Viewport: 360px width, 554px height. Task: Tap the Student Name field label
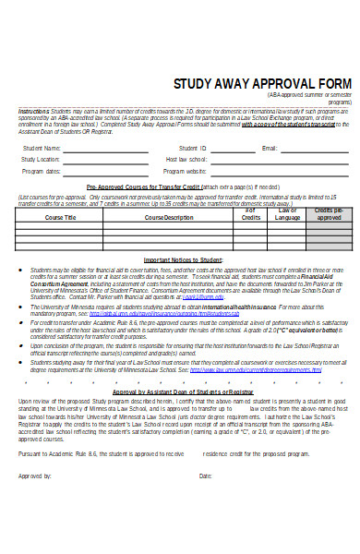pos(42,148)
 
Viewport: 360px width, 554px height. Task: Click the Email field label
pos(270,148)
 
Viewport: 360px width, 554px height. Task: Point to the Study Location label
pos(41,159)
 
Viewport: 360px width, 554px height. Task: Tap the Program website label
pos(185,171)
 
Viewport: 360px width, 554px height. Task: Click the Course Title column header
pos(60,217)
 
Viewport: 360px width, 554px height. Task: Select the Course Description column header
pos(169,217)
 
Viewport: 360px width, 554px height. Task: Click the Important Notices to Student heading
pos(181,259)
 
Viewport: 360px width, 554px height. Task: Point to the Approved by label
pos(35,501)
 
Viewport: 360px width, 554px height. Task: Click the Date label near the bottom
pos(205,501)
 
